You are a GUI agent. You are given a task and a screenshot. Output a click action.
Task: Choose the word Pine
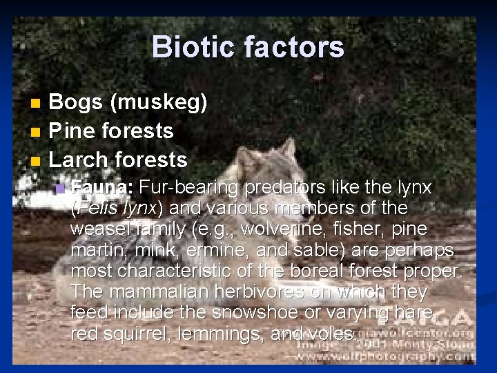coord(73,131)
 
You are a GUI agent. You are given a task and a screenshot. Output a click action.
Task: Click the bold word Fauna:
coord(103,187)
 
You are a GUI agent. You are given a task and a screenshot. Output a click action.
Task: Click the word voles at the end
coord(330,334)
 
